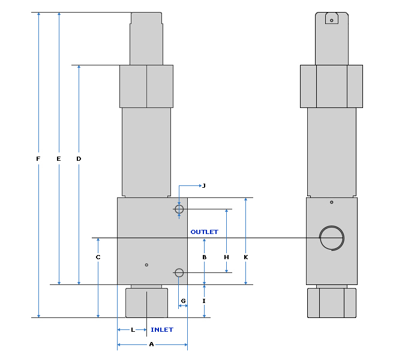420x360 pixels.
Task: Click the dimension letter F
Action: click(38, 159)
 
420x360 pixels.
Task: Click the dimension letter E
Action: click(58, 159)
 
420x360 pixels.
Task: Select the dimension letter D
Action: click(79, 159)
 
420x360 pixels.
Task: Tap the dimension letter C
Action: click(98, 257)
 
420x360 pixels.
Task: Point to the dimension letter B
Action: click(204, 257)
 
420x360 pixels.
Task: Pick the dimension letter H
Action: click(226, 257)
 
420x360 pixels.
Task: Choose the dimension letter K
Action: click(245, 257)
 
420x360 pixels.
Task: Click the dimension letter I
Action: click(204, 301)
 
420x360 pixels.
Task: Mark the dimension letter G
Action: click(184, 300)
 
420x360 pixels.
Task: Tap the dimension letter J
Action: click(204, 186)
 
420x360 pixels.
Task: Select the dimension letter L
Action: click(133, 330)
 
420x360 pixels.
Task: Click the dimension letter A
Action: click(151, 344)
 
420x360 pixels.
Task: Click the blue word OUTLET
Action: click(205, 232)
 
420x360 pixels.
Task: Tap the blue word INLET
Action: click(162, 330)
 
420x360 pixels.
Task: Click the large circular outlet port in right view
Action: click(332, 238)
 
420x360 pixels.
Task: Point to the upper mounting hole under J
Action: click(179, 209)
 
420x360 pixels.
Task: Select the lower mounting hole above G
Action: click(179, 272)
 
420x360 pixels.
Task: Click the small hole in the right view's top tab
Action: click(331, 20)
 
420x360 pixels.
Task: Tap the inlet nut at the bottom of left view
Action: click(146, 303)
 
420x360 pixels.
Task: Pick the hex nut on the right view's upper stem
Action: click(331, 86)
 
